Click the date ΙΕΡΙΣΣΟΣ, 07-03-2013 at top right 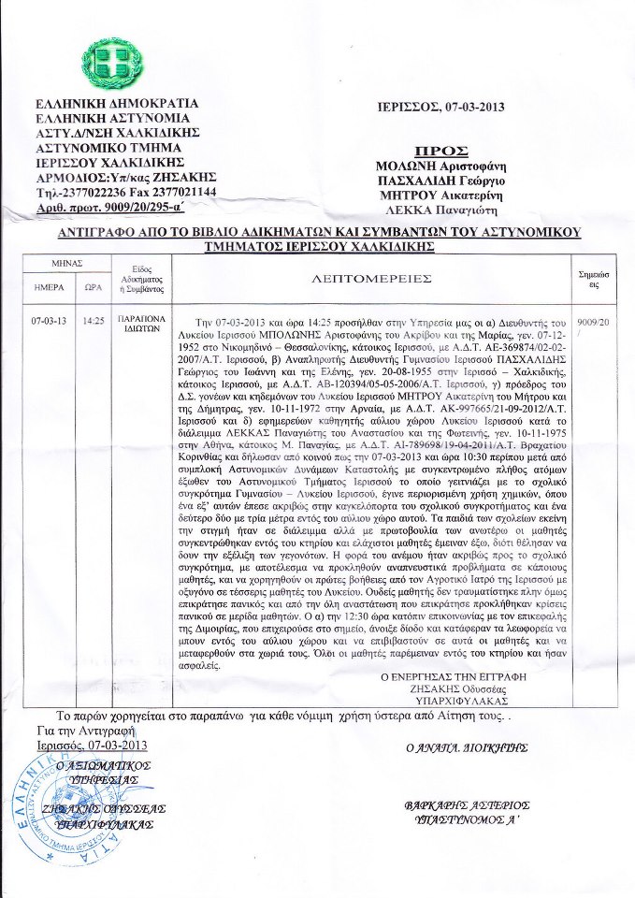(x=440, y=107)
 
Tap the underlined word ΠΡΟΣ (x=440, y=151)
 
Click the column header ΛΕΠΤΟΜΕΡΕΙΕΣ (x=371, y=278)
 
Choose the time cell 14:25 (x=93, y=320)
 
